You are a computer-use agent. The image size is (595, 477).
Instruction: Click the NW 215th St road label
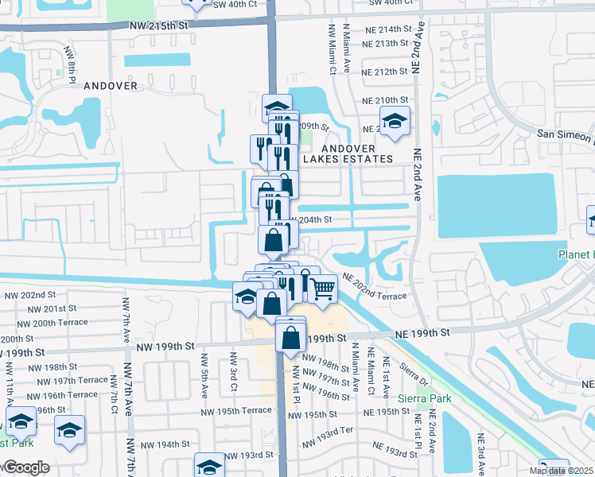click(x=160, y=25)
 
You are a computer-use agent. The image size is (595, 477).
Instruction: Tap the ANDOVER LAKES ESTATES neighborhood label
click(x=357, y=153)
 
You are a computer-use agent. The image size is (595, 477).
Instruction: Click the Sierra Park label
click(x=426, y=397)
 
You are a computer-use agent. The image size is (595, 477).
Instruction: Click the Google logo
click(x=25, y=467)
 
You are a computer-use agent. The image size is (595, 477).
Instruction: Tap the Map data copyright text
click(x=562, y=471)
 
